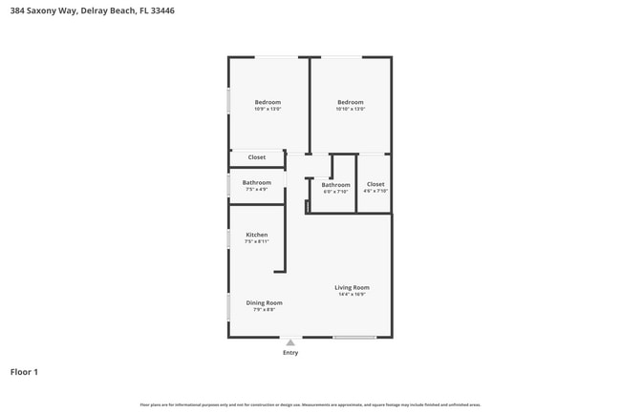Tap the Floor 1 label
tap(24, 372)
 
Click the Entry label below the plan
tap(290, 353)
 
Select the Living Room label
tap(352, 287)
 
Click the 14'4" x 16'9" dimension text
tap(352, 295)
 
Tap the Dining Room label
tap(264, 302)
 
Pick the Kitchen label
tap(257, 235)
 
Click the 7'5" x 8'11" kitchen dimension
tap(257, 242)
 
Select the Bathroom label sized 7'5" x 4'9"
tap(256, 182)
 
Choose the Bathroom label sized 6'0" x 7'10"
tap(335, 184)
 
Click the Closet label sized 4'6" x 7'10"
tap(375, 184)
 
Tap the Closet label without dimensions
tap(257, 157)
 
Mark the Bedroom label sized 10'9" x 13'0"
tap(268, 102)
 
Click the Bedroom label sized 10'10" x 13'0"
tap(351, 102)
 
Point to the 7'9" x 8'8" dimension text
tap(264, 310)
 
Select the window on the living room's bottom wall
tap(353, 337)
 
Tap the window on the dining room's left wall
tap(228, 306)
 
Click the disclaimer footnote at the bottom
tap(310, 405)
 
